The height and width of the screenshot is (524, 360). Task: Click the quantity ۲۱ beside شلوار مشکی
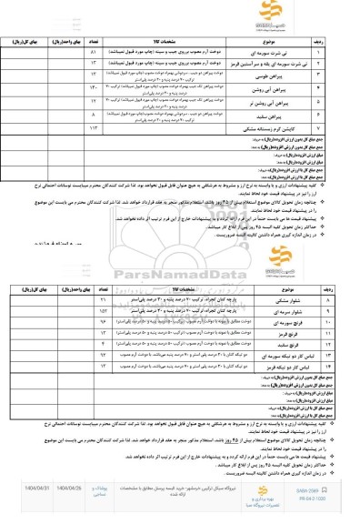pos(127,324)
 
